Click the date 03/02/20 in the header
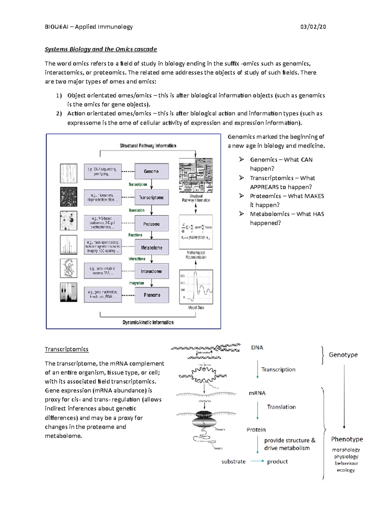313,27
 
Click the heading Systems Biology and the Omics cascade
101,49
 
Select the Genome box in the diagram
151,171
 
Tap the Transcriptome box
151,197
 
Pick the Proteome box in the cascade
151,224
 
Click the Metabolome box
151,247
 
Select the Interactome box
151,271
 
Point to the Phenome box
152,295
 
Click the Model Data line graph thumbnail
196,287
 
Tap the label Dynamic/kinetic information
148,322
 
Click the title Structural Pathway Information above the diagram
148,146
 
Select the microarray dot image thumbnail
68,197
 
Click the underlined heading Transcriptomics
66,349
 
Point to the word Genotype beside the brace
343,355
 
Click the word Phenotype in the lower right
347,439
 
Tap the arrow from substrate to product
257,461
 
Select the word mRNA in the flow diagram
257,393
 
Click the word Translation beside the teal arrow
281,407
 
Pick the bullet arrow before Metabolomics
241,214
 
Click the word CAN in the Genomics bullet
306,160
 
